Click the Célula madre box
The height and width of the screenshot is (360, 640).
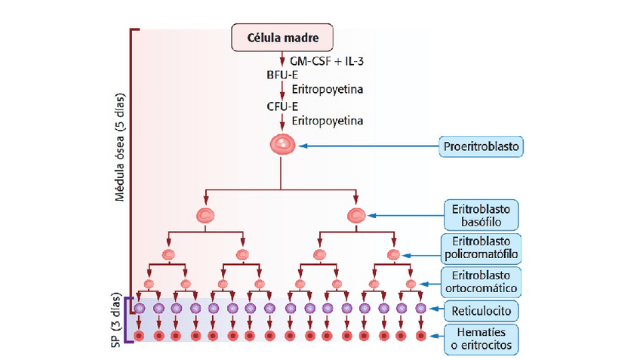[281, 37]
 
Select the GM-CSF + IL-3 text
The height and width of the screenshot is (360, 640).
[321, 60]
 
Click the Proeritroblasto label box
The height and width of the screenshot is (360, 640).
[481, 145]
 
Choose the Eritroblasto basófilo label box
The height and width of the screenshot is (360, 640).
[481, 215]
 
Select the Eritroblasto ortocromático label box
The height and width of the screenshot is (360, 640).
[481, 281]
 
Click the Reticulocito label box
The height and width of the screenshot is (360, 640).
[481, 310]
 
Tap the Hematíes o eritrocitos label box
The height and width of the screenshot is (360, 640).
[481, 339]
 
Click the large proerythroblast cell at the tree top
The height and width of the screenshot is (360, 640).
[281, 143]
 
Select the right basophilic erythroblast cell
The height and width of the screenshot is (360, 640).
[356, 216]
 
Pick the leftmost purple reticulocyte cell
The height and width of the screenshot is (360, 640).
[140, 308]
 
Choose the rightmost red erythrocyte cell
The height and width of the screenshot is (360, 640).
[420, 335]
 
